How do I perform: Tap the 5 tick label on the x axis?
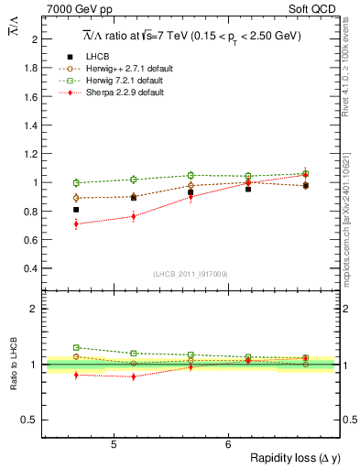pos(113,444)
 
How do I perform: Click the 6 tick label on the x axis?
pos(228,444)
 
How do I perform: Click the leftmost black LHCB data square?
pos(76,210)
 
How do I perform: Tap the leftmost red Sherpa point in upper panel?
pos(76,224)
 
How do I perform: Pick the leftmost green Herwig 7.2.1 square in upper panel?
pos(76,182)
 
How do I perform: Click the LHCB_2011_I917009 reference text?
pos(190,274)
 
